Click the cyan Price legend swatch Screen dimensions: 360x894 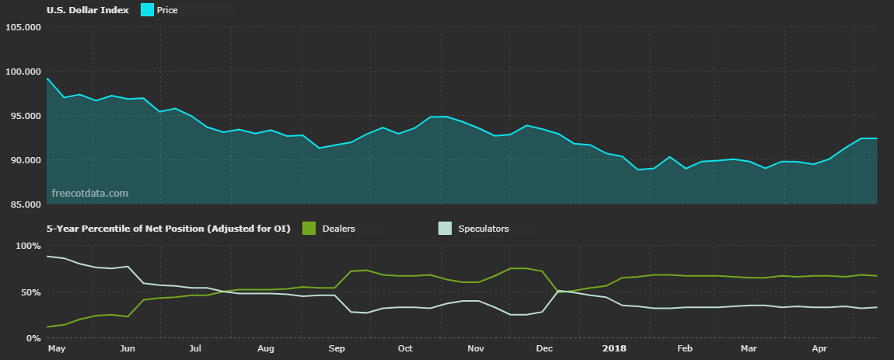pyautogui.click(x=146, y=11)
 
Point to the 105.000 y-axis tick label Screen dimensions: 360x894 pyautogui.click(x=23, y=27)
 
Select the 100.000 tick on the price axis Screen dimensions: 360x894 pyautogui.click(x=23, y=72)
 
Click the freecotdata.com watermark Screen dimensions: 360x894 pyautogui.click(x=89, y=193)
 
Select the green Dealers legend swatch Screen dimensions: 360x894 pyautogui.click(x=309, y=229)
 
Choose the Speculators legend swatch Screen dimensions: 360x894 pyautogui.click(x=445, y=229)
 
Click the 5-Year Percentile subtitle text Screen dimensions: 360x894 pyautogui.click(x=168, y=229)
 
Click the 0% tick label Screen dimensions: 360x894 pyautogui.click(x=33, y=338)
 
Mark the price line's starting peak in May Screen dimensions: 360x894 pyautogui.click(x=47, y=79)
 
